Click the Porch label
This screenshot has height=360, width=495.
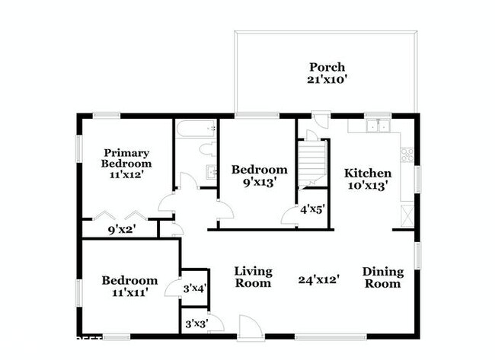(x=327, y=66)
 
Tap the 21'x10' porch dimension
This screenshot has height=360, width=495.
(x=327, y=78)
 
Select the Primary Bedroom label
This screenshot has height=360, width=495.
(x=126, y=158)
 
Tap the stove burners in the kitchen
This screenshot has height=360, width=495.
(x=407, y=156)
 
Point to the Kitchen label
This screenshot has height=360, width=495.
(x=368, y=173)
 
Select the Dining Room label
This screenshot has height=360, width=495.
(x=382, y=277)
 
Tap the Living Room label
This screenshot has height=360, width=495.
(x=253, y=277)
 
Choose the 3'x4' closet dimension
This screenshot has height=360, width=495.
(x=196, y=288)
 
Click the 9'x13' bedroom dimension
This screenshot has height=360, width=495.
(x=260, y=182)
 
